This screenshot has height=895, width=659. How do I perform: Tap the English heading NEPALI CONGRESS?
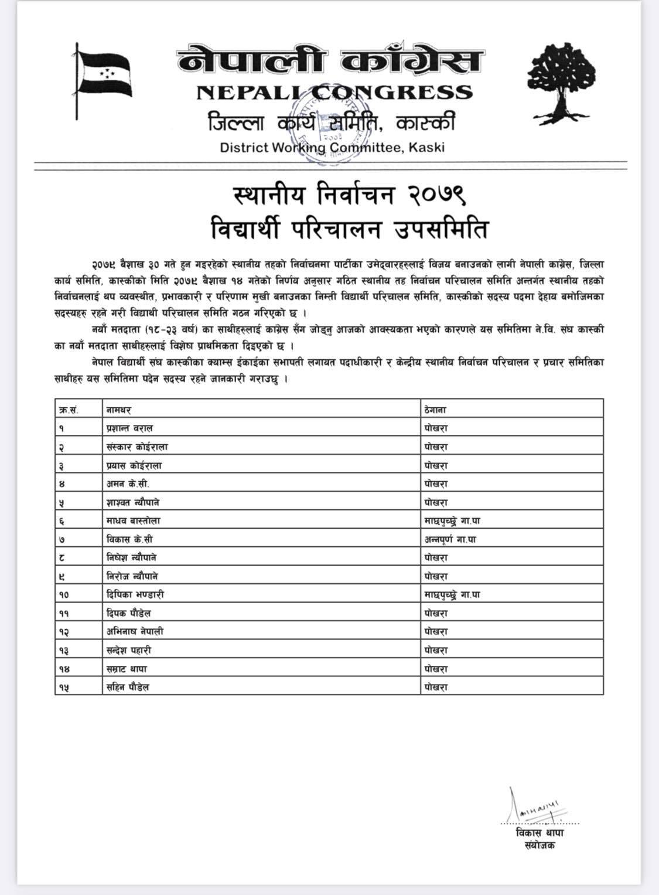click(334, 93)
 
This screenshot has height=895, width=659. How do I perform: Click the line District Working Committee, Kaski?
click(332, 147)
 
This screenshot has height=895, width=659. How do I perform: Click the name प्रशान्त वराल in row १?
click(129, 428)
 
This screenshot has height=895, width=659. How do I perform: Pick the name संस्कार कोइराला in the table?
click(137, 447)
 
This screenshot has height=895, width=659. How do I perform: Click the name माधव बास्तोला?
click(134, 520)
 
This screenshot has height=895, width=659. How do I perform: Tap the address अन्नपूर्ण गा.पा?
click(450, 539)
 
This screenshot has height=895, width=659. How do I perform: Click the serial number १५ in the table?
click(64, 687)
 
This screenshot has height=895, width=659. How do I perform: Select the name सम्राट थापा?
click(127, 669)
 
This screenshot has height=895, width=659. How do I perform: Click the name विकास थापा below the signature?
click(540, 833)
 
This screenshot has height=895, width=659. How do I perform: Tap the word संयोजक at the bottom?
click(540, 845)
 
